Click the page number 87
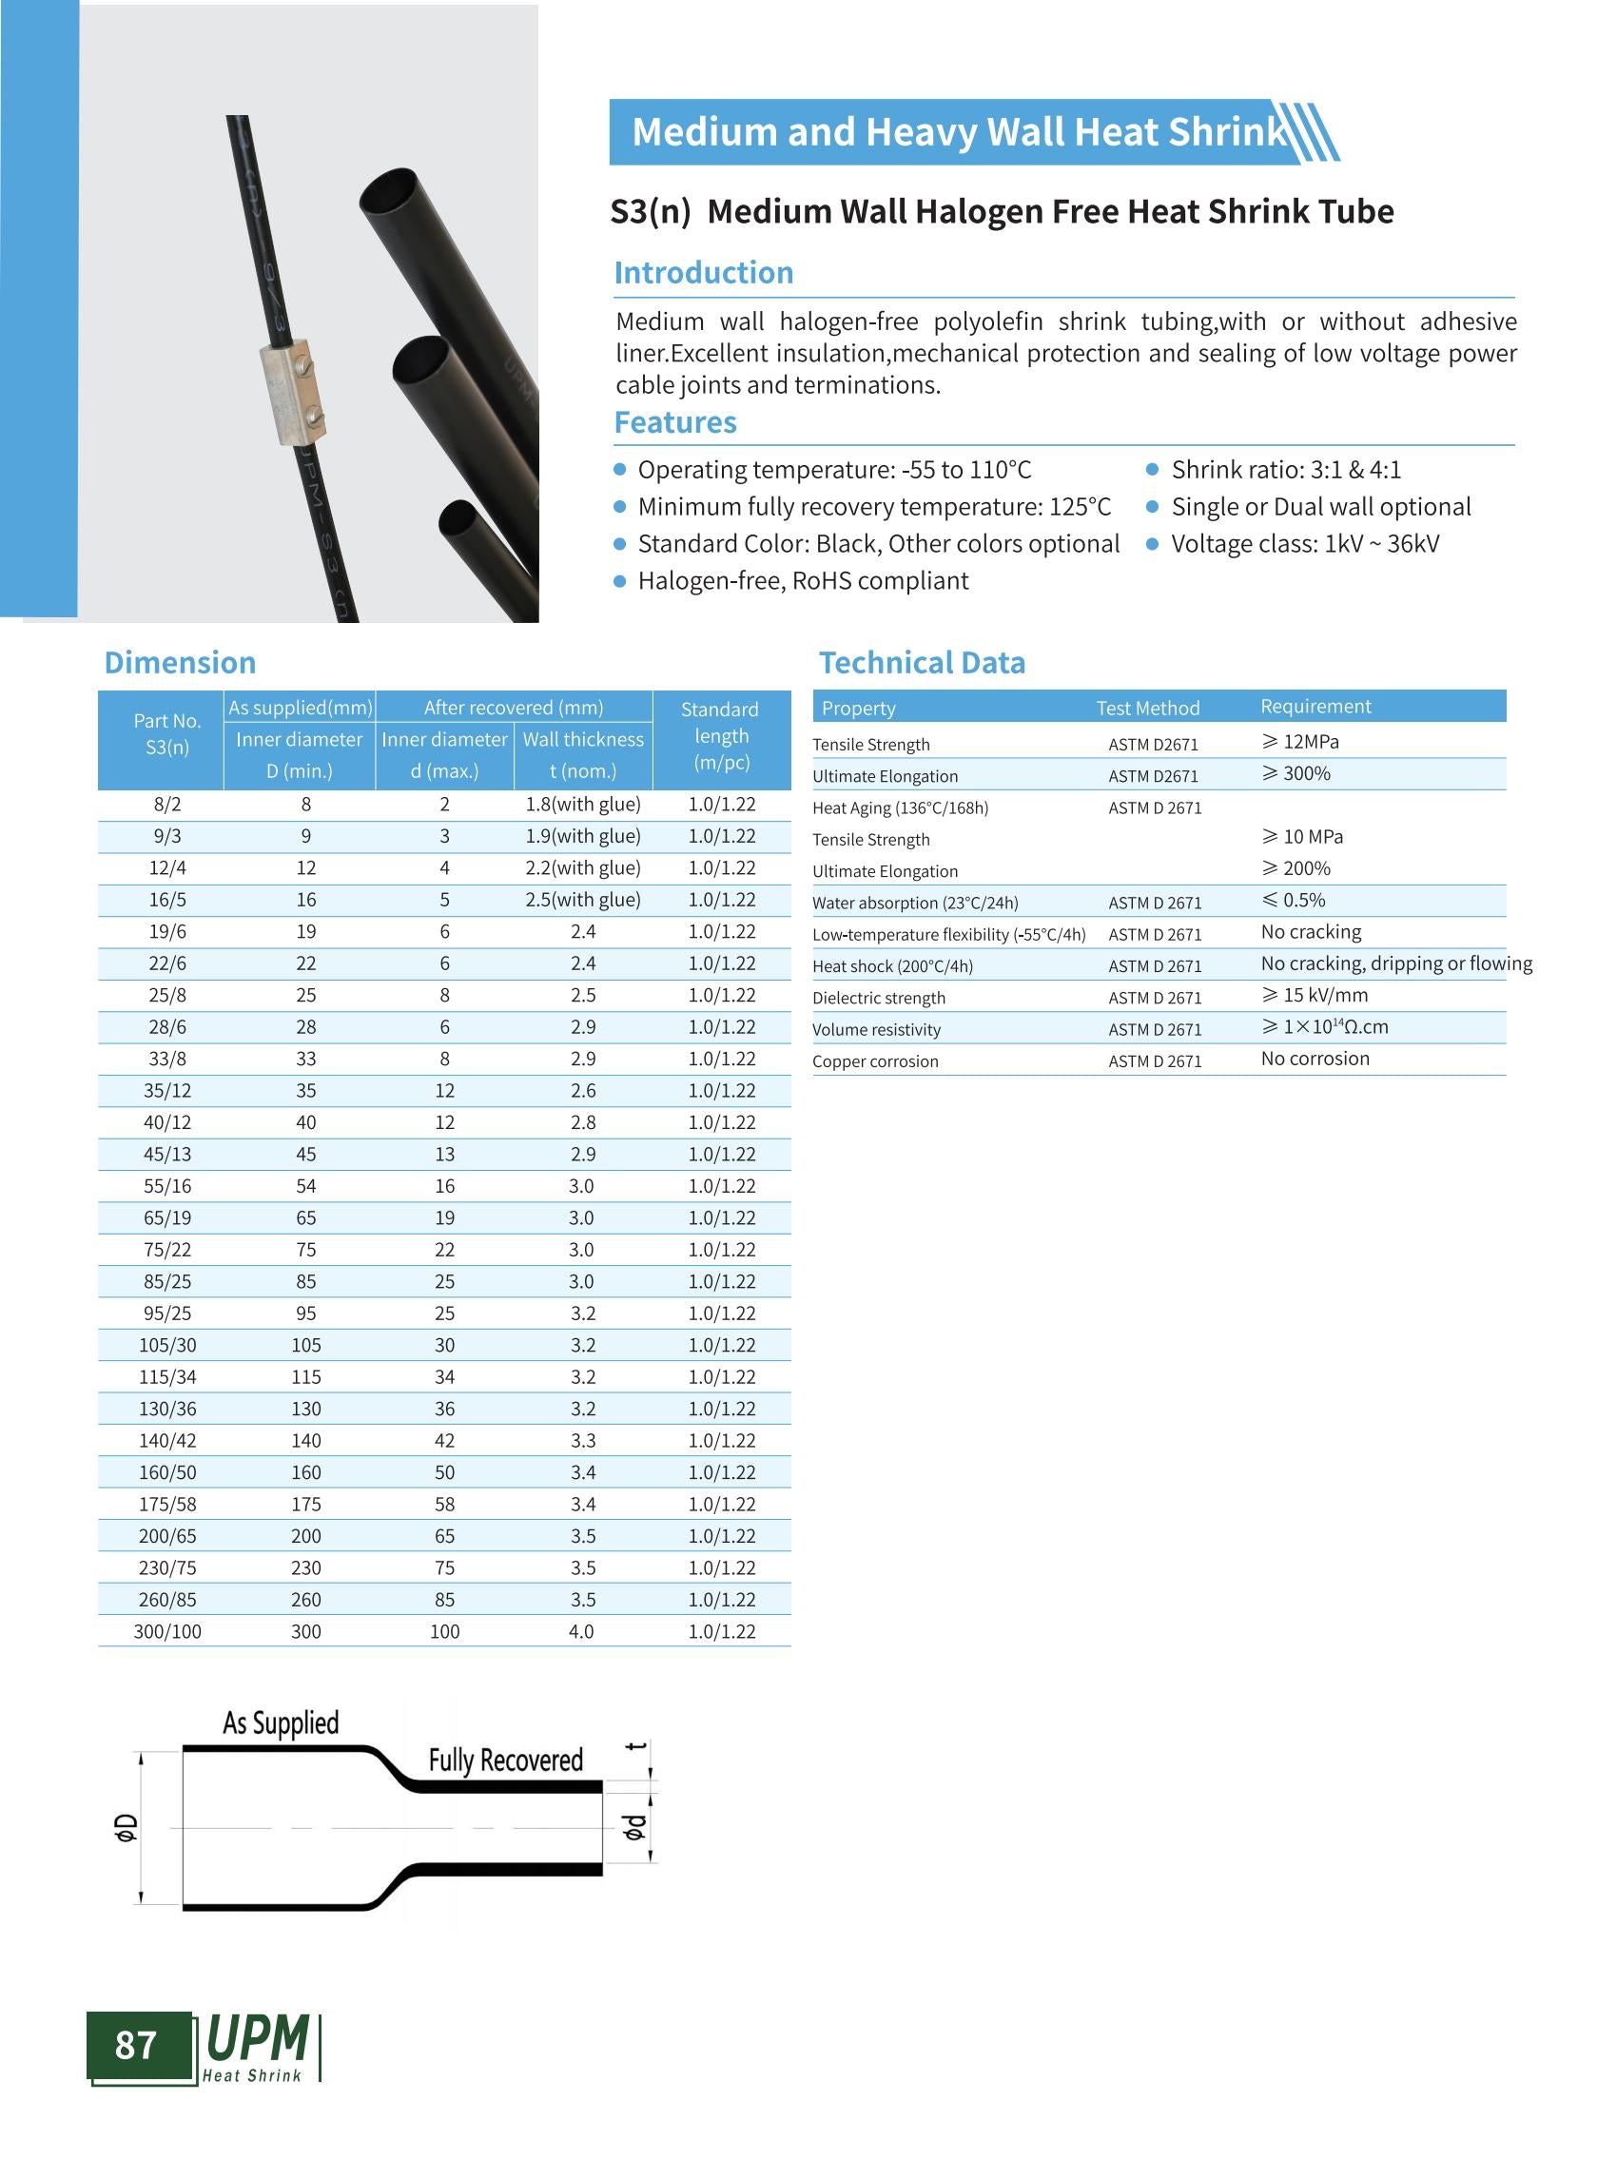click(x=136, y=2045)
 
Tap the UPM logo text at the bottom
click(x=258, y=2040)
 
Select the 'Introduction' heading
click(x=703, y=272)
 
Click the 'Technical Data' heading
click(x=921, y=663)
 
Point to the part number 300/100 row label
click(x=167, y=1632)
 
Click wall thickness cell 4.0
click(x=581, y=1632)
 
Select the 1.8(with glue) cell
click(x=582, y=805)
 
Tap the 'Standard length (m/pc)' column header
click(x=720, y=736)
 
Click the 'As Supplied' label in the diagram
click(x=281, y=1723)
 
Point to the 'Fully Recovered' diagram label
click(x=505, y=1761)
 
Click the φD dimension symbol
click(x=126, y=1826)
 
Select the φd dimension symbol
click(x=634, y=1826)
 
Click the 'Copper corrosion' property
click(x=875, y=1061)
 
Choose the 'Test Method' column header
click(x=1147, y=708)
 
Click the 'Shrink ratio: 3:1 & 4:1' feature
click(x=1285, y=470)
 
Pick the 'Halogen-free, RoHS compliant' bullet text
click(x=803, y=581)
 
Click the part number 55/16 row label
click(x=167, y=1186)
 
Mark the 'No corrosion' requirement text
click(x=1315, y=1059)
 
